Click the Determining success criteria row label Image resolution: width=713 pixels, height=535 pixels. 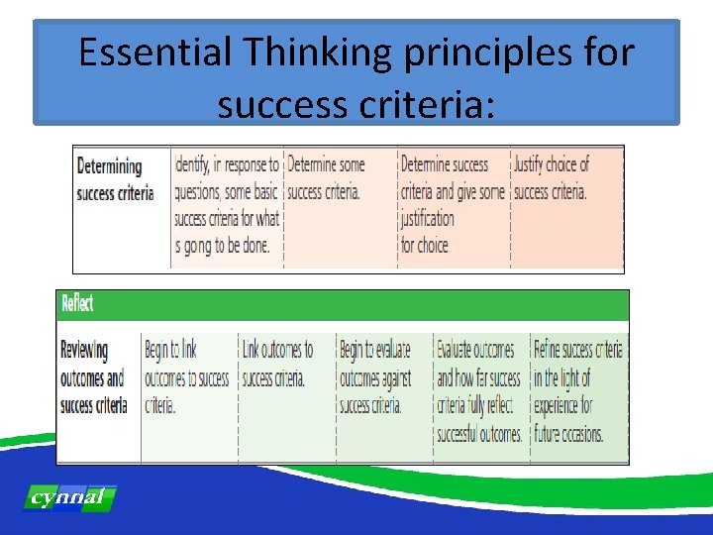pos(115,179)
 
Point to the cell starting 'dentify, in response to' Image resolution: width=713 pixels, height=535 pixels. pos(227,205)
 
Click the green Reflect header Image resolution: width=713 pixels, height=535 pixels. pos(342,305)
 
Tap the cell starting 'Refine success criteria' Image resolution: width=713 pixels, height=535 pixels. pos(577,391)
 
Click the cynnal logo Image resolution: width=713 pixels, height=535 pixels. pos(68,497)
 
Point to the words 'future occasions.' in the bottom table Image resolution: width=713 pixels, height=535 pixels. pos(568,434)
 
